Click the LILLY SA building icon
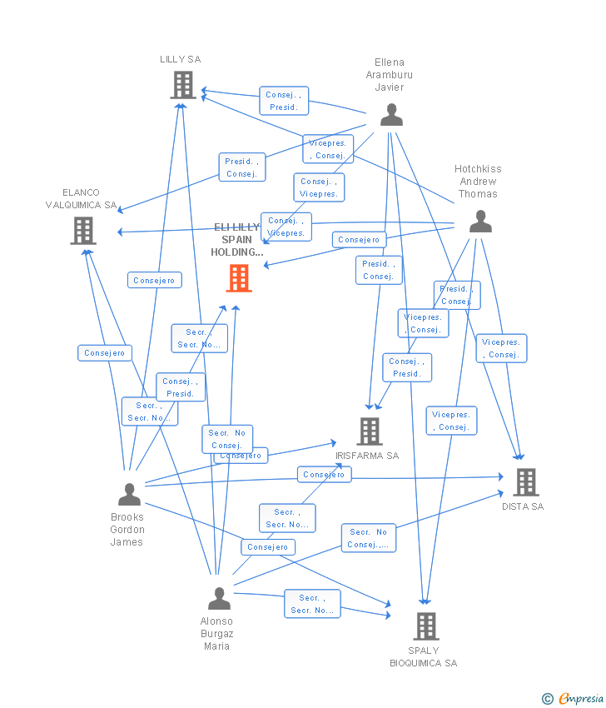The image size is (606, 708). [x=182, y=85]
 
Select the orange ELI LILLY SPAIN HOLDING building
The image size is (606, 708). [x=239, y=278]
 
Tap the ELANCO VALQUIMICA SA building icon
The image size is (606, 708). [x=83, y=231]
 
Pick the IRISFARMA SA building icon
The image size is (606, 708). [x=370, y=431]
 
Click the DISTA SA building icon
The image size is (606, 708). [x=525, y=481]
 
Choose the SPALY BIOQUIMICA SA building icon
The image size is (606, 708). [x=425, y=626]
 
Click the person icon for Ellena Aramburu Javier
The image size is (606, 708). [x=391, y=115]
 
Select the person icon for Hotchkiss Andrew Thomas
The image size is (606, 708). [x=480, y=221]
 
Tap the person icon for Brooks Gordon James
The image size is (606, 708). [x=129, y=495]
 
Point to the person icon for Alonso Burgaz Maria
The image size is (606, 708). [x=219, y=598]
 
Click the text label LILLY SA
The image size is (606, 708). [x=181, y=60]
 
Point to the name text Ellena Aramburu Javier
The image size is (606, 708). [x=390, y=75]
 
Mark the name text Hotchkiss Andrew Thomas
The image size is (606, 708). [x=478, y=182]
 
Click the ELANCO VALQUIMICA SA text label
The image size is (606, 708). [x=81, y=199]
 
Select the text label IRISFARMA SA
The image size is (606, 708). [x=367, y=456]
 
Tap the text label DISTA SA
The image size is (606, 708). [x=523, y=506]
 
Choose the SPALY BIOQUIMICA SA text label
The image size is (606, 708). [x=424, y=657]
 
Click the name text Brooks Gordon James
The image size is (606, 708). [x=127, y=530]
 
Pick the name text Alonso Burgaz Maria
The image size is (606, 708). [x=217, y=634]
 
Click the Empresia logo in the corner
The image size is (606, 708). [x=574, y=698]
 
